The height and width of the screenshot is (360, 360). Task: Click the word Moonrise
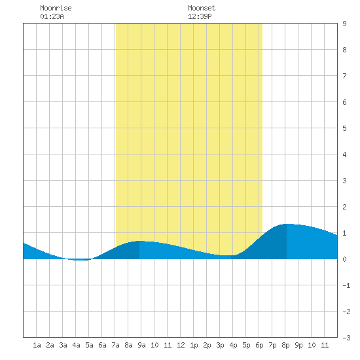pos(56,8)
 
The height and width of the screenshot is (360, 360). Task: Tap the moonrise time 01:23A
pos(52,16)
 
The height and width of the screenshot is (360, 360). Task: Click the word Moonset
pos(202,8)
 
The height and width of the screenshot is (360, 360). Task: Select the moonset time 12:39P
pos(200,16)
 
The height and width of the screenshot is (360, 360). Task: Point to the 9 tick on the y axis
pos(344,24)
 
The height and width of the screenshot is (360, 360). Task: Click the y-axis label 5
pos(344,128)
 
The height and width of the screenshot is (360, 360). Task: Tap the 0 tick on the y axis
pos(344,259)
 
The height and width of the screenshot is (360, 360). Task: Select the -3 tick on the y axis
pos(346,338)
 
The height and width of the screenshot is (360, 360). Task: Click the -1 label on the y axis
pos(346,285)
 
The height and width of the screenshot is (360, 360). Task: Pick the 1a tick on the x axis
pos(37,345)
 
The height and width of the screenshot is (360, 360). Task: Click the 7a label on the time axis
pos(115,345)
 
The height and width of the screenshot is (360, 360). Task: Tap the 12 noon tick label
pos(181,345)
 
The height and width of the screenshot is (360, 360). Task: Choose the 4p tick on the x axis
pos(233,345)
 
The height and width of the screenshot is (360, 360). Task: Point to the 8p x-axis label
pos(285,345)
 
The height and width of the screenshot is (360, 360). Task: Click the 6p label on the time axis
pos(259,345)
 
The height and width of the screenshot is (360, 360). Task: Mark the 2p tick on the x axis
pos(207,345)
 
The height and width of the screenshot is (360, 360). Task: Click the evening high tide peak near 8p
pos(287,224)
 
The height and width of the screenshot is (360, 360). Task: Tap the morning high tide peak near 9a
pos(139,241)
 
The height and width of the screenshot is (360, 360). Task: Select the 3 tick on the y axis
pos(344,181)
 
